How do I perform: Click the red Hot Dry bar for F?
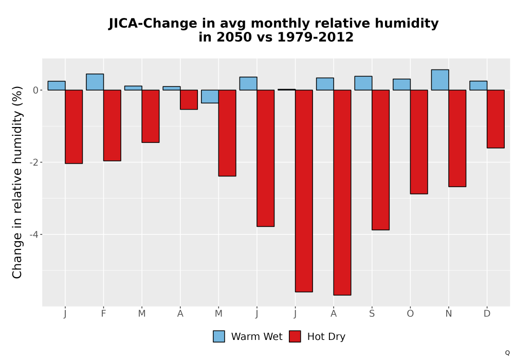tap(112, 125)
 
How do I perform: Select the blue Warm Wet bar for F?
tap(95, 82)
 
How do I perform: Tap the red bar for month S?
tap(380, 160)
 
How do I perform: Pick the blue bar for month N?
tap(440, 80)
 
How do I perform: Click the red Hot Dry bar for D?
tap(495, 119)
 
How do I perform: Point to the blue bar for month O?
tap(401, 84)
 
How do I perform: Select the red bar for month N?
tap(457, 138)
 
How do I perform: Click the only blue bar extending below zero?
tap(210, 96)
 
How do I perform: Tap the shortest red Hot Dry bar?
tap(189, 100)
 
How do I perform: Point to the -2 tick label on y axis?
tap(34, 163)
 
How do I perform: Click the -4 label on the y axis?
tap(34, 235)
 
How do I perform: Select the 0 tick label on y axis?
tap(36, 90)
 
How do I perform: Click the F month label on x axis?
tap(104, 314)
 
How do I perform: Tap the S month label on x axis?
tap(372, 314)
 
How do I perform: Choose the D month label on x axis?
tap(487, 314)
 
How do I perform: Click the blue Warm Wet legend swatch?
tap(218, 336)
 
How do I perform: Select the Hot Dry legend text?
tap(326, 337)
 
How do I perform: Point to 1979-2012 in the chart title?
tap(316, 37)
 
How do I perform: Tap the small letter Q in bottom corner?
tap(507, 353)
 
